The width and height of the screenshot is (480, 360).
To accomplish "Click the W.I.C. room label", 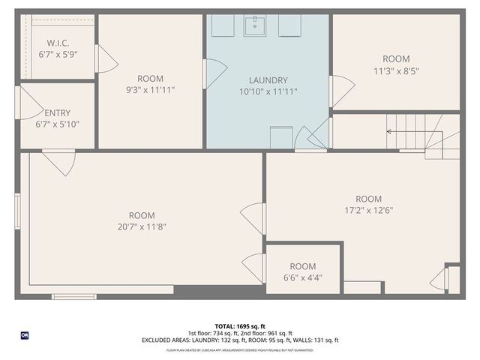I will coord(58,43).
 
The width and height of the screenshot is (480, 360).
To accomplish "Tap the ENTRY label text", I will coord(58,113).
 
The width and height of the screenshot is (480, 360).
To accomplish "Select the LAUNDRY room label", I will coord(268,80).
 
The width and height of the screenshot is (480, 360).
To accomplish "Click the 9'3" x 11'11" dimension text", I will coord(151,89).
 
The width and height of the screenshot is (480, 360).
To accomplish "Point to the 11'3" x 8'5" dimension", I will coord(396,70).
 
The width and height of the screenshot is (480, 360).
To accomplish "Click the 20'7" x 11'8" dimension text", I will coord(142,226).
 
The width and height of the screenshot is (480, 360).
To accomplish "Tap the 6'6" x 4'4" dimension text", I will coord(302,277).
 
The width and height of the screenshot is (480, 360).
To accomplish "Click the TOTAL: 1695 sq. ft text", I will coord(239,326).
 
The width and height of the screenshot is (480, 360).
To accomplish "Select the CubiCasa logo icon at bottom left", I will coord(25,334).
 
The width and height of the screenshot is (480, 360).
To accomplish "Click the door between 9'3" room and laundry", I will coord(214,73).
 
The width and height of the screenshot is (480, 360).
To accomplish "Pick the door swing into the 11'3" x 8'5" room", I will coord(342,90).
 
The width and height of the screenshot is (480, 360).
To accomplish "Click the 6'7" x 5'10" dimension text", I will coord(58,124).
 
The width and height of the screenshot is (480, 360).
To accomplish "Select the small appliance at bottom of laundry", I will coord(280,137).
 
